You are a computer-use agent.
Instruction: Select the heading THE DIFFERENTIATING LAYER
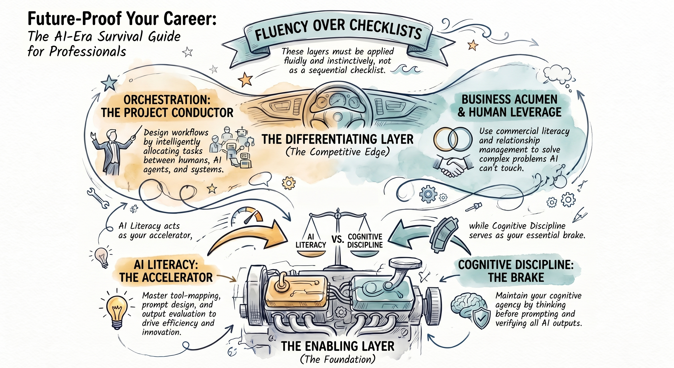tap(337, 139)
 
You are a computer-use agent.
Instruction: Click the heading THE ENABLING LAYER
tap(337, 346)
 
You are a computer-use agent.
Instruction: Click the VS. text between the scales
tap(337, 239)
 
